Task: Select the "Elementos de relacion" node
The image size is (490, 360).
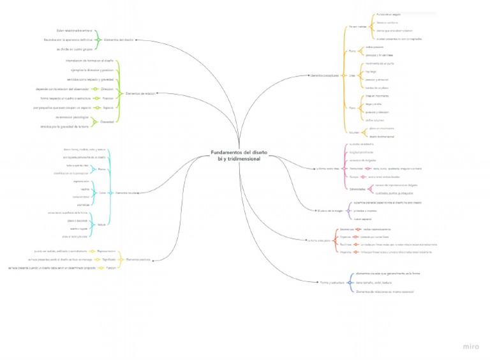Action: tap(140, 93)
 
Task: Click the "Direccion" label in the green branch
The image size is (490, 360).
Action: tap(107, 89)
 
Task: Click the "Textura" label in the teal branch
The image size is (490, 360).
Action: tap(102, 225)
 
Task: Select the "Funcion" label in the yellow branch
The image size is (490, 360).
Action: tap(110, 268)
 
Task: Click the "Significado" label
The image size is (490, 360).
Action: tap(109, 260)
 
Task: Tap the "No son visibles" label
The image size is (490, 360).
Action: tap(357, 27)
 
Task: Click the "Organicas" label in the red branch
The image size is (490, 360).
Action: tap(346, 236)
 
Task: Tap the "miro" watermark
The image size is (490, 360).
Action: tap(471, 347)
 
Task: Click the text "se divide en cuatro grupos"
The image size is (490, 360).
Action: tap(75, 48)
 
